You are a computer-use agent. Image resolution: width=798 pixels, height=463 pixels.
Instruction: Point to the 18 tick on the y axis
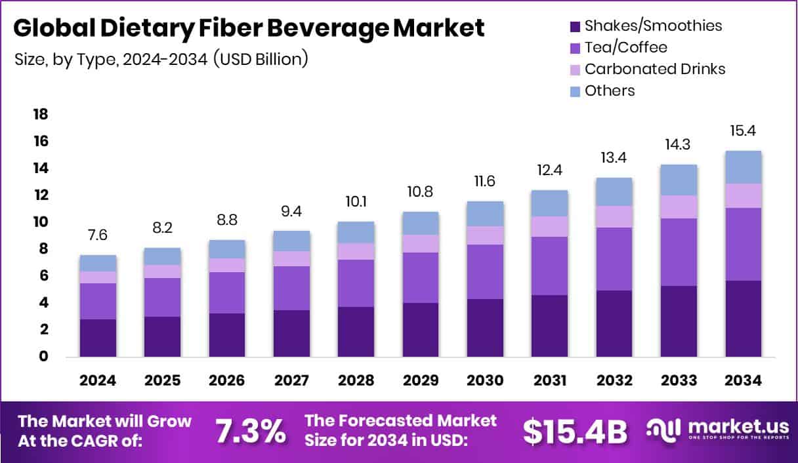tap(41, 115)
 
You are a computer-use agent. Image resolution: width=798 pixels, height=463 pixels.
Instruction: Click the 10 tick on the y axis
tap(41, 222)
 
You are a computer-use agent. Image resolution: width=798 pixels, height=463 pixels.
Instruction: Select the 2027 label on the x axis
tap(291, 381)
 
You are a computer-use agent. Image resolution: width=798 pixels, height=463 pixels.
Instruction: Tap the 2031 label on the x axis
tap(550, 381)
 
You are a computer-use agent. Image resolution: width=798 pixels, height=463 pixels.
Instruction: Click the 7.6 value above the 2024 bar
tap(98, 235)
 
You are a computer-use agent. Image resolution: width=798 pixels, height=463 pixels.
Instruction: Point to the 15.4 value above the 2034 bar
tap(744, 131)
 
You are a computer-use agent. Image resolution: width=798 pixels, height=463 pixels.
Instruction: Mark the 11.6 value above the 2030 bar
tap(485, 181)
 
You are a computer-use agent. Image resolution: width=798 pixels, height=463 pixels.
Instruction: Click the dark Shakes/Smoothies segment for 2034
tap(744, 319)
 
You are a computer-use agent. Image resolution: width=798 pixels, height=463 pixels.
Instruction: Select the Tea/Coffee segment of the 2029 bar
tap(421, 277)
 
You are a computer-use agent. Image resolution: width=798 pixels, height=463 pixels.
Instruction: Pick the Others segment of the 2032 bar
tap(614, 191)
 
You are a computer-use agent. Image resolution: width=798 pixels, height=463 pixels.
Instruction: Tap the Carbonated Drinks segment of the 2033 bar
tap(679, 207)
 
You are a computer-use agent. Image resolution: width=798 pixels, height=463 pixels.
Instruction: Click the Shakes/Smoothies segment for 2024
tap(98, 338)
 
